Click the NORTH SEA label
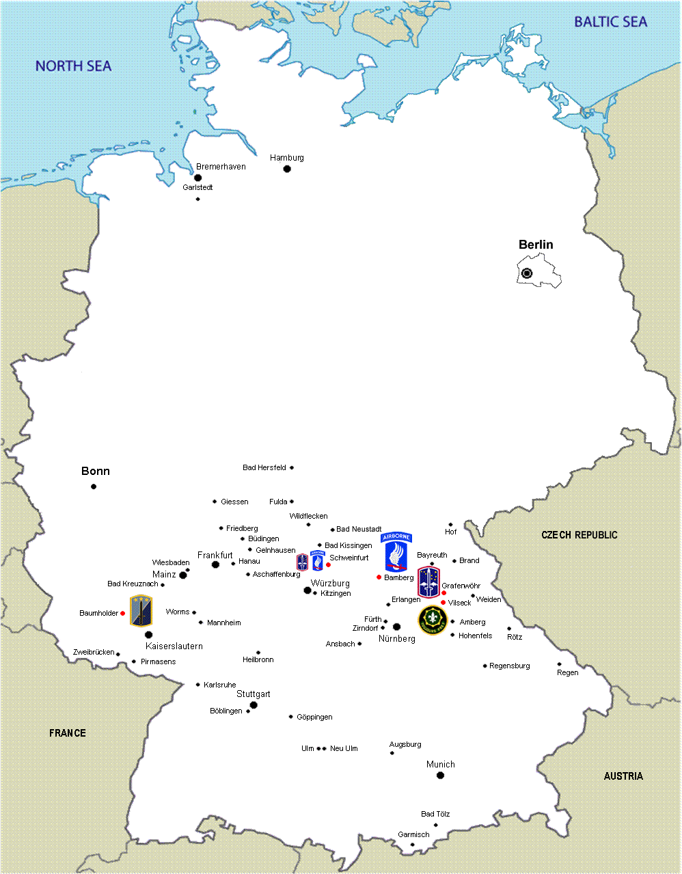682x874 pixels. pyautogui.click(x=73, y=66)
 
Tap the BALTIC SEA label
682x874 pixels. pyautogui.click(x=610, y=22)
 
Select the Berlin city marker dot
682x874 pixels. pyautogui.click(x=527, y=273)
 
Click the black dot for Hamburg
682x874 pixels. pyautogui.click(x=287, y=169)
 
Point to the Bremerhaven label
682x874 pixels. pyautogui.click(x=221, y=167)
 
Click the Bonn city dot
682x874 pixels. pyautogui.click(x=94, y=487)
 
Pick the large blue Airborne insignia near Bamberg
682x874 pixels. pyautogui.click(x=396, y=552)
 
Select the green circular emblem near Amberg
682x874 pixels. pyautogui.click(x=433, y=620)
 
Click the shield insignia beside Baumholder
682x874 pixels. pyautogui.click(x=141, y=611)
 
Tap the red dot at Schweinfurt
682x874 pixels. pyautogui.click(x=328, y=564)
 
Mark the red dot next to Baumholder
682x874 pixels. pyautogui.click(x=123, y=614)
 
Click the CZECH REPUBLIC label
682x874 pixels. pyautogui.click(x=579, y=535)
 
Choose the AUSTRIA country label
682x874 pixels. pyautogui.click(x=623, y=776)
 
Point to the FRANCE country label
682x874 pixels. pyautogui.click(x=68, y=733)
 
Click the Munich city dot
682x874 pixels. pyautogui.click(x=440, y=775)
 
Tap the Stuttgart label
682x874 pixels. pyautogui.click(x=254, y=694)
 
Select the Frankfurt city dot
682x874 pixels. pyautogui.click(x=215, y=564)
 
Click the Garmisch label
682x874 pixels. pyautogui.click(x=413, y=834)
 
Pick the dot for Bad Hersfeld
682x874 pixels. pyautogui.click(x=292, y=468)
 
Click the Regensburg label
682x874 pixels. pyautogui.click(x=510, y=666)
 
